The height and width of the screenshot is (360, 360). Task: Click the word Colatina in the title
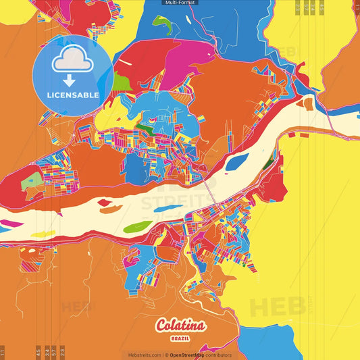180,326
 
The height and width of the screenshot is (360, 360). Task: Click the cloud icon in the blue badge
74,59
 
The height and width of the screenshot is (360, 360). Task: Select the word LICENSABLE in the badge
74,95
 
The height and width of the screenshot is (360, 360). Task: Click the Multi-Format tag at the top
180,3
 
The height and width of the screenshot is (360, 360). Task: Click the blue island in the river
236,162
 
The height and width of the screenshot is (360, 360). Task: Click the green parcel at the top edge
161,22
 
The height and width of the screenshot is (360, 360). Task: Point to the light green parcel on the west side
32,181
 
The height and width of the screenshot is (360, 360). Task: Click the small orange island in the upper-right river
308,104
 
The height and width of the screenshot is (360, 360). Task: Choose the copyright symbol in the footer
166,355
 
